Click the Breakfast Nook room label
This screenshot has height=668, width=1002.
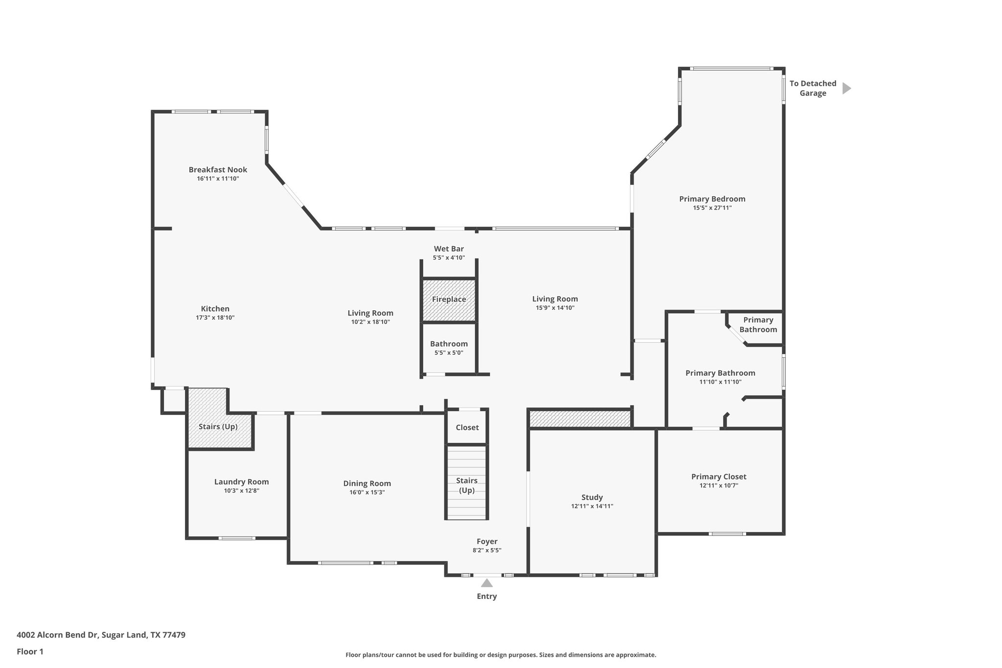pos(218,170)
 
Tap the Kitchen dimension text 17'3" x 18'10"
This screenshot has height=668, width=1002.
pos(215,318)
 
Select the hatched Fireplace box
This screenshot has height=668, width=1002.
pos(449,299)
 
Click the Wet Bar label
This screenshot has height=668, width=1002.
pos(449,249)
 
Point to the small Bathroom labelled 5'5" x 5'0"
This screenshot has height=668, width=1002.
pos(449,347)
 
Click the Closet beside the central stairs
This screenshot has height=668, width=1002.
pos(467,427)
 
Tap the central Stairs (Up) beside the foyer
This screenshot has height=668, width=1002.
pos(466,484)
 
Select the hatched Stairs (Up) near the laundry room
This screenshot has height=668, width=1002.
pos(218,426)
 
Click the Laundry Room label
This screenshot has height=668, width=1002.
pos(241,482)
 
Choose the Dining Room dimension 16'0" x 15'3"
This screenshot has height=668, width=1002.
pos(367,492)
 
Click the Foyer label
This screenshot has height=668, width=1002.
pos(487,541)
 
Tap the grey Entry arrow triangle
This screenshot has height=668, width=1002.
pos(486,583)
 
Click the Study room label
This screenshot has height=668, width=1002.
pos(592,497)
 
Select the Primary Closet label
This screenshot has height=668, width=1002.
pos(719,477)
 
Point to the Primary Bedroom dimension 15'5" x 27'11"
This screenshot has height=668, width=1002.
pos(712,207)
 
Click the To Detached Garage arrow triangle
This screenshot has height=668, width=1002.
pos(846,88)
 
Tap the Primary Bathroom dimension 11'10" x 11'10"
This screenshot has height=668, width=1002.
pos(720,382)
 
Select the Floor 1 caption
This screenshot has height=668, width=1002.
pos(30,651)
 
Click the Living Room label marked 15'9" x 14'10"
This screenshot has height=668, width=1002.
pos(555,299)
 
